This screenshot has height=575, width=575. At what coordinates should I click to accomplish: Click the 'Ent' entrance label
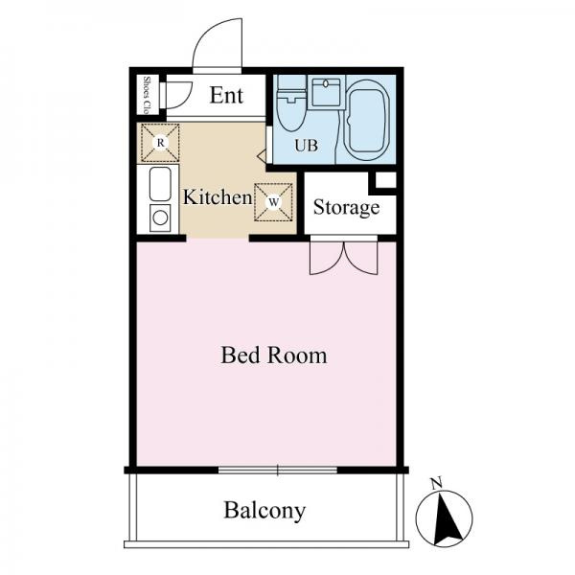click(x=226, y=95)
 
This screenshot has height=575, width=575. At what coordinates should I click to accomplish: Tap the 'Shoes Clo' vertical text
click(x=148, y=95)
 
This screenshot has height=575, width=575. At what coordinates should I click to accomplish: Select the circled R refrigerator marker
click(x=160, y=142)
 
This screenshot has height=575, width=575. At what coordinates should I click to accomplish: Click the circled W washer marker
click(x=273, y=201)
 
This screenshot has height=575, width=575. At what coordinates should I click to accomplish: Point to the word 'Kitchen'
click(x=218, y=196)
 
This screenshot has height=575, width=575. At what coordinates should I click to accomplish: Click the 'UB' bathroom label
click(x=307, y=146)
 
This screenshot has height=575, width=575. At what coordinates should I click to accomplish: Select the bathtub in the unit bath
click(x=368, y=121)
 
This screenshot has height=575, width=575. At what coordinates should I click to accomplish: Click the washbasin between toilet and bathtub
click(x=327, y=93)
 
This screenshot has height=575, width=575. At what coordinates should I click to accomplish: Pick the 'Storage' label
click(x=346, y=208)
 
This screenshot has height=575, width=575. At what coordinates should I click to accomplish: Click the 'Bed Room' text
click(x=273, y=356)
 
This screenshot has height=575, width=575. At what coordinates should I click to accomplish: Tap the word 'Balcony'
click(x=264, y=511)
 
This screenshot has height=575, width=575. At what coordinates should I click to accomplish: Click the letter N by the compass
click(x=436, y=484)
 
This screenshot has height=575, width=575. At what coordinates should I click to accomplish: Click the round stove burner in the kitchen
click(x=160, y=218)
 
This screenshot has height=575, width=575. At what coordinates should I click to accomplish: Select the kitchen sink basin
click(x=160, y=184)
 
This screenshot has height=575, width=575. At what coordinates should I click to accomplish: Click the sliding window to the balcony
click(x=278, y=470)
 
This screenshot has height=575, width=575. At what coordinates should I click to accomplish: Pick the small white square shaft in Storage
click(x=385, y=180)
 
